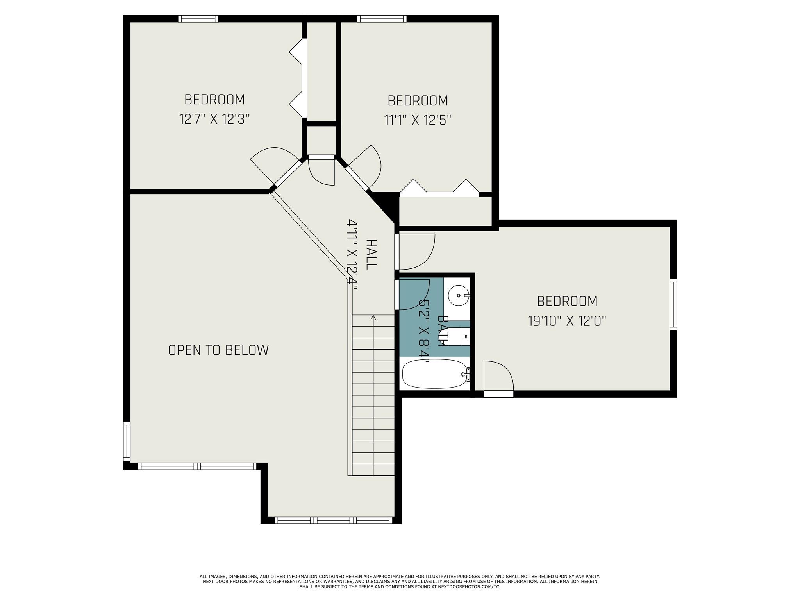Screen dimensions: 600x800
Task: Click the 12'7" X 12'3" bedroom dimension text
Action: [214, 119]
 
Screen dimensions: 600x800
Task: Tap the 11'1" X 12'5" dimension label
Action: [418, 120]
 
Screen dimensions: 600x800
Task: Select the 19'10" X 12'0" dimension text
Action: [567, 321]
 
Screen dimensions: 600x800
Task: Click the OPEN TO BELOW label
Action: [218, 350]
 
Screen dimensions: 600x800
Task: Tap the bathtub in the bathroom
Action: [435, 374]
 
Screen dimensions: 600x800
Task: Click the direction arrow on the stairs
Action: [373, 318]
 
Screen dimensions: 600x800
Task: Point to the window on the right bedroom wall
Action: [673, 304]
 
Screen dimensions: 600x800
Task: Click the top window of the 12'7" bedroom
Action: [198, 19]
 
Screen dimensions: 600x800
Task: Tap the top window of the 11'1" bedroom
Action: [382, 19]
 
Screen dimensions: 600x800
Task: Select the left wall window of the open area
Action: [127, 441]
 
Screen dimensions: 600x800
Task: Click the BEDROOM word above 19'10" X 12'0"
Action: [567, 301]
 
